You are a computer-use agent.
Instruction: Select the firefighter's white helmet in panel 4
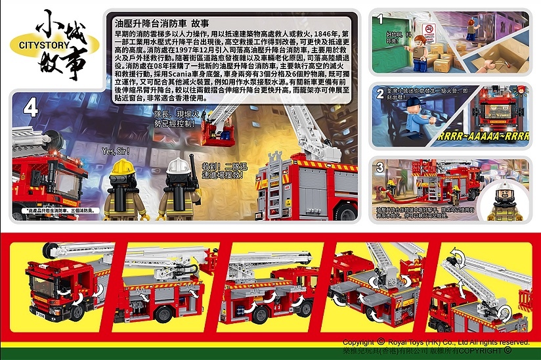point(177,166)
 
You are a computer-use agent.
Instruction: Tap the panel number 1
point(379,20)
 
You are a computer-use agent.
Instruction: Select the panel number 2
point(380,95)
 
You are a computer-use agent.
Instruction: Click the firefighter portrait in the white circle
point(504,197)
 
